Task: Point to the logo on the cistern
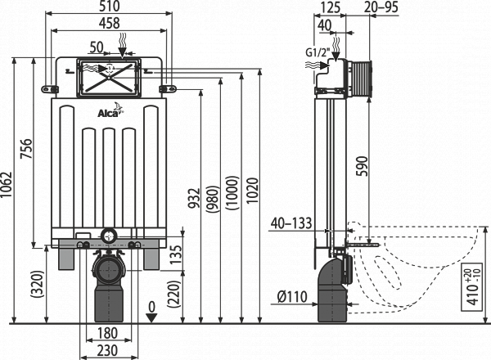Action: click(113, 106)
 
